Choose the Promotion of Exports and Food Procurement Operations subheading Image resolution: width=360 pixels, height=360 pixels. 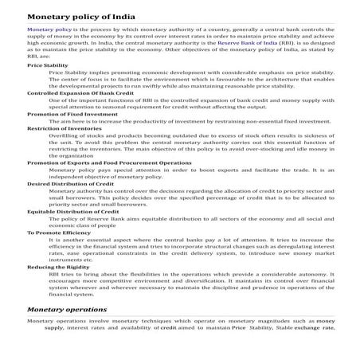(x=109, y=162)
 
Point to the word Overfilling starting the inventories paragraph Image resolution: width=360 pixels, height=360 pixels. (x=65, y=135)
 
